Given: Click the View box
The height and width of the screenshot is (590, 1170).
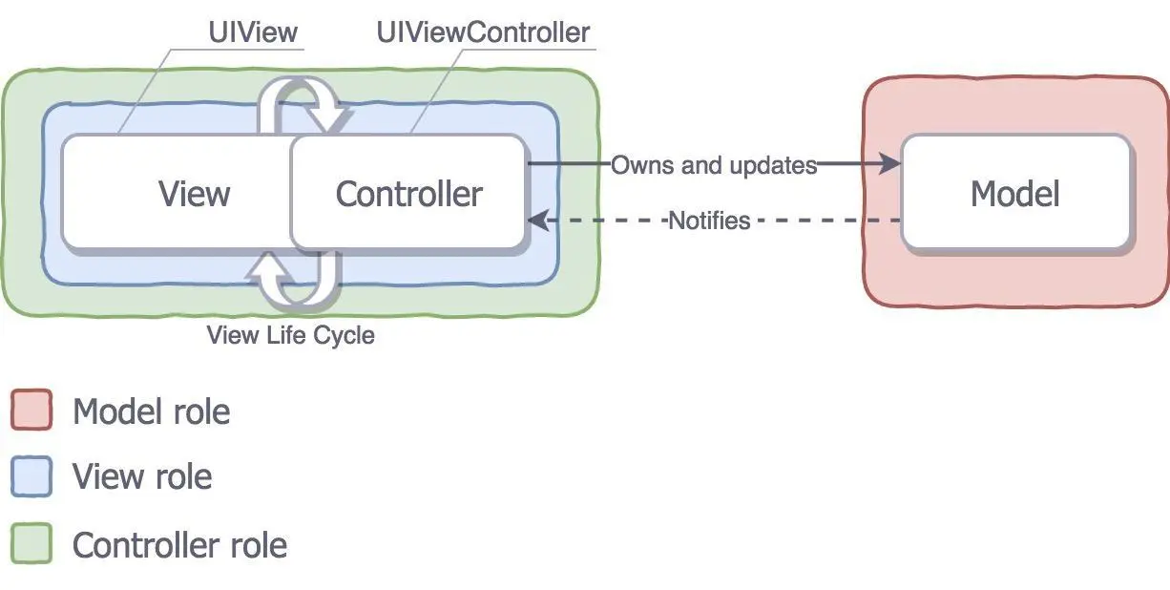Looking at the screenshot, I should pos(177,194).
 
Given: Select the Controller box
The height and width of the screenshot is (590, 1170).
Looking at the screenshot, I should pos(408,194).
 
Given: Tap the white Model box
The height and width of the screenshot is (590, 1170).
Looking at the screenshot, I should pos(1015,194).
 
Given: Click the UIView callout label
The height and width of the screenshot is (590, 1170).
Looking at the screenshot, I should pos(253,32).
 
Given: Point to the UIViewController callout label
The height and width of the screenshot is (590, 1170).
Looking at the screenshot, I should pos(483,32).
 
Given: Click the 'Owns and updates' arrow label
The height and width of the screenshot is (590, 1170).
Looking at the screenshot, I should pos(714,165).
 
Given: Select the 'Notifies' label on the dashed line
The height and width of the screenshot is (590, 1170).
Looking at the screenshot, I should pos(709,221).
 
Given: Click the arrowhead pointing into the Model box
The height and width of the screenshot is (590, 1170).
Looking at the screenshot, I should pos(889,164).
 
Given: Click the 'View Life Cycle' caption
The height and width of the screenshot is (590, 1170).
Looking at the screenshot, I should pos(290,335).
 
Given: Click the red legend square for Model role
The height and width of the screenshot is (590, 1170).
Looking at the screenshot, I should pos(31,411).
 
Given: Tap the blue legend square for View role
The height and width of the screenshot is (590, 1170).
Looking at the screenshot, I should pos(31,476).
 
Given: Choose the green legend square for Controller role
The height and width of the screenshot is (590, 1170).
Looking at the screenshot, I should pos(31,544).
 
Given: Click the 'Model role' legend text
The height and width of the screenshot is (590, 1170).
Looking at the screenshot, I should pos(151,411).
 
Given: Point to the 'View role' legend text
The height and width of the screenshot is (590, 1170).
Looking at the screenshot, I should pos(142,476).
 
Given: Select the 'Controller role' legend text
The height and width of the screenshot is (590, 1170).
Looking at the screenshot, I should pos(179,545).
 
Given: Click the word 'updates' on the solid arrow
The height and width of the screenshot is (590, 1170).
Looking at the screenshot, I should pos(773,165).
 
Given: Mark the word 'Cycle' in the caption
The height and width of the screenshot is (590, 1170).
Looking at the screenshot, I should pos(345,335).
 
